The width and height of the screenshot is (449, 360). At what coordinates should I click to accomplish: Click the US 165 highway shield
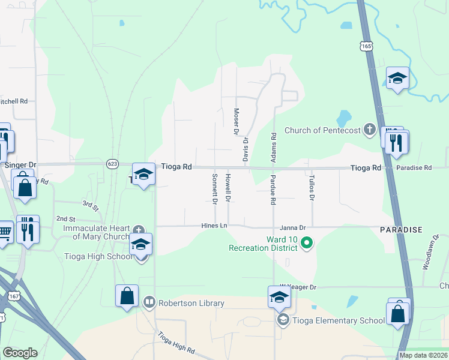click(367, 46)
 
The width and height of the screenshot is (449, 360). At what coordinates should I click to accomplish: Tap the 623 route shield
click(112, 163)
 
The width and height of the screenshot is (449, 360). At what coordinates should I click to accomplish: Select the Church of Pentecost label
click(322, 130)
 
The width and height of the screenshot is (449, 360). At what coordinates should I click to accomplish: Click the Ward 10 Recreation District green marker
click(307, 243)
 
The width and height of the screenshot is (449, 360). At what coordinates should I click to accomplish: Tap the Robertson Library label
click(191, 303)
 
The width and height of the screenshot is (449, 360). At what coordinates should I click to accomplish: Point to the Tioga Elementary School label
click(338, 320)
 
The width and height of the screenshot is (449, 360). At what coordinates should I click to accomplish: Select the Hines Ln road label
click(214, 226)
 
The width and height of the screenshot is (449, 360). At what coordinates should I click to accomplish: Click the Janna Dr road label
click(293, 227)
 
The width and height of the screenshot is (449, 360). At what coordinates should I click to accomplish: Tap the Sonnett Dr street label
click(214, 188)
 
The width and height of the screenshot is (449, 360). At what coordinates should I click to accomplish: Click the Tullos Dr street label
click(312, 188)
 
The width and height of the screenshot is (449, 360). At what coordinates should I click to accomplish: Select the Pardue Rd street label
click(273, 190)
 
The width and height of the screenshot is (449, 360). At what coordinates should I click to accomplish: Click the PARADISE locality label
click(401, 230)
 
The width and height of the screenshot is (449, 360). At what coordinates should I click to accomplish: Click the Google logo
click(20, 353)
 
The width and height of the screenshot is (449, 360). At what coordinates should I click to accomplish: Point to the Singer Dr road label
click(21, 164)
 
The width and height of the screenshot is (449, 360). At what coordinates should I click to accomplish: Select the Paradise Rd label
click(414, 167)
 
